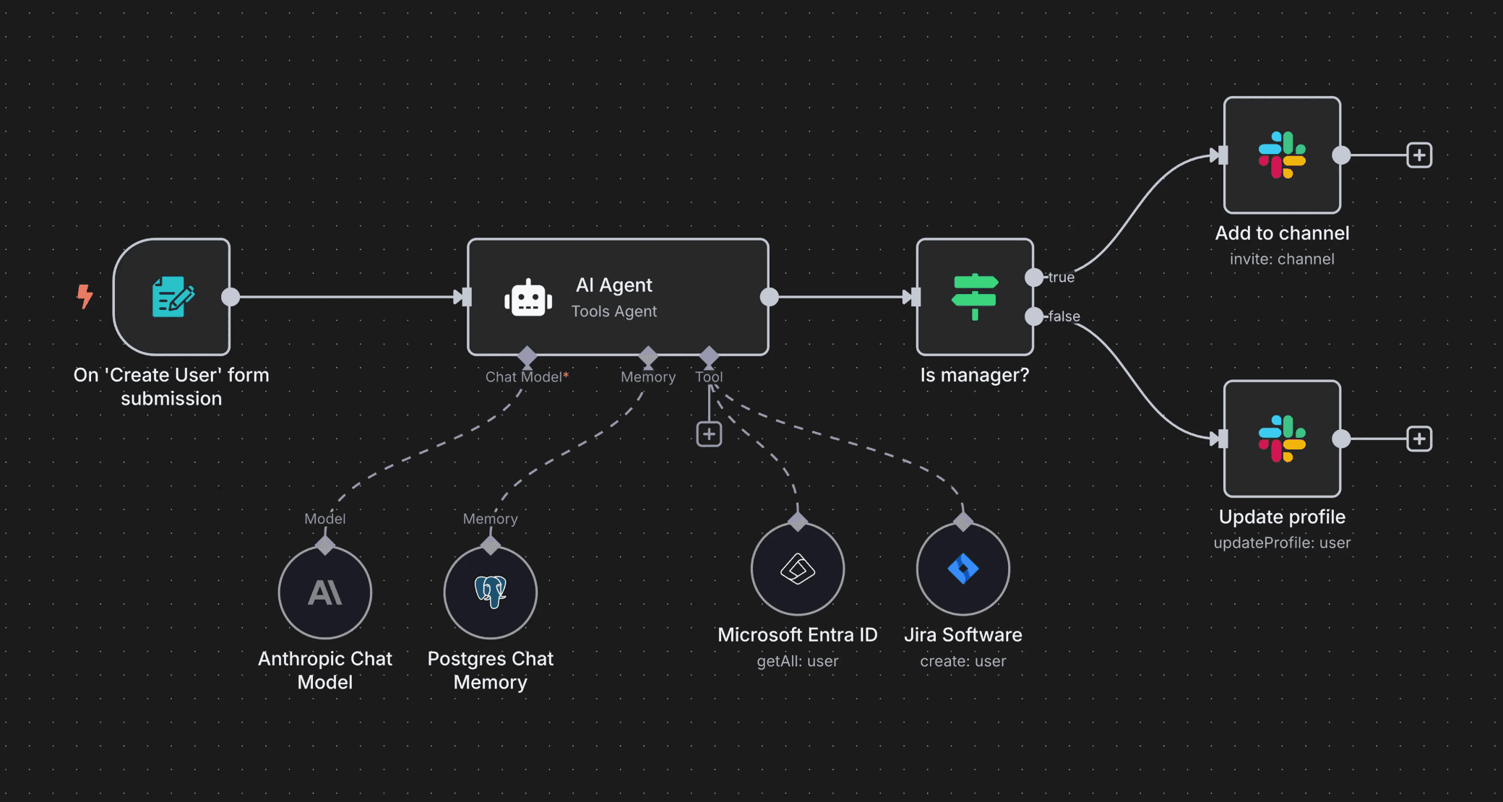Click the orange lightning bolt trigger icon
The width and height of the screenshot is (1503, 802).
[85, 296]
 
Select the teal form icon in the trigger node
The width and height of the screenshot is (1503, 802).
[173, 296]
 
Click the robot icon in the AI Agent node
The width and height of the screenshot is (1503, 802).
[528, 298]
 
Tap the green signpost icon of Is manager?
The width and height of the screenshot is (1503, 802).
[975, 296]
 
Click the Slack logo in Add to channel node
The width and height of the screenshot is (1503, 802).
[1282, 155]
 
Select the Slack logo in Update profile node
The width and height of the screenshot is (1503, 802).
[1282, 439]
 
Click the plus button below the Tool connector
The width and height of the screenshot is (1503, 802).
[709, 434]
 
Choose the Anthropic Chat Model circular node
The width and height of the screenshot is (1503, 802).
[325, 592]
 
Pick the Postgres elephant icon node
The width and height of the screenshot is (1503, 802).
[491, 592]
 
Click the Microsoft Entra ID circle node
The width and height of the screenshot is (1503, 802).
[798, 569]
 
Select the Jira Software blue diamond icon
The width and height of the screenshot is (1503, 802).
[962, 569]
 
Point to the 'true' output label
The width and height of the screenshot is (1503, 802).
[1061, 277]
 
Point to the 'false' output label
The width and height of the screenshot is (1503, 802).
[1064, 316]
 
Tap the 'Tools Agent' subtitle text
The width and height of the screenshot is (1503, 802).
[614, 311]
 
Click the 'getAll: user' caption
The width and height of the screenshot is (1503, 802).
[798, 661]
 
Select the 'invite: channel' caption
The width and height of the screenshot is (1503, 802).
[1282, 259]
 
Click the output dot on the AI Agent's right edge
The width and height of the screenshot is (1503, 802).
[770, 297]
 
